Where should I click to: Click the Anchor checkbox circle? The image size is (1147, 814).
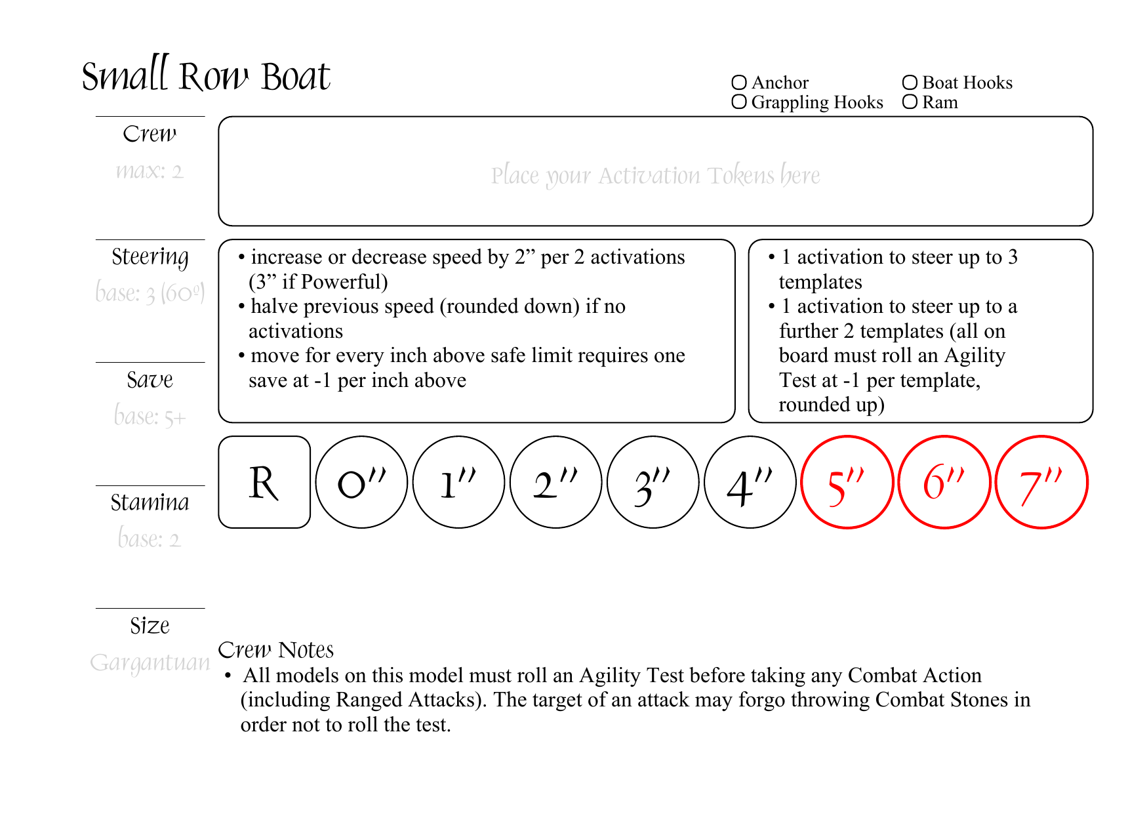739,83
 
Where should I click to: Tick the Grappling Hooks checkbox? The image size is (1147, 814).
739,102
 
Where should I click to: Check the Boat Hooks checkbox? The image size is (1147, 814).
910,83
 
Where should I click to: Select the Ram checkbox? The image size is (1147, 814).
910,102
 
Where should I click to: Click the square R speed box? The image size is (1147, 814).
264,482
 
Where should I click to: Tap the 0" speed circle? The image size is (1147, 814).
361,482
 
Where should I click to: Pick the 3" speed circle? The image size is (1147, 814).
653,482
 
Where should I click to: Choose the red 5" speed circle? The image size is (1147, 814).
847,482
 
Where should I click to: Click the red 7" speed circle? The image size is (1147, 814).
1041,482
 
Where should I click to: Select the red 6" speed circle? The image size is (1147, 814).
944,482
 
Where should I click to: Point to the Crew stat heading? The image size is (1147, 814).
150,134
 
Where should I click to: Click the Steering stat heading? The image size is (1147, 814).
150,257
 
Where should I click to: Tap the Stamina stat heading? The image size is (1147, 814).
150,503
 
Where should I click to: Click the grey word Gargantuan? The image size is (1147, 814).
150,663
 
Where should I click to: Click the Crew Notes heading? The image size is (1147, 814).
275,650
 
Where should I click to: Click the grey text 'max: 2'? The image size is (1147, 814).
150,171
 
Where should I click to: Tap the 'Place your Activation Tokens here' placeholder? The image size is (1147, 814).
655,176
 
